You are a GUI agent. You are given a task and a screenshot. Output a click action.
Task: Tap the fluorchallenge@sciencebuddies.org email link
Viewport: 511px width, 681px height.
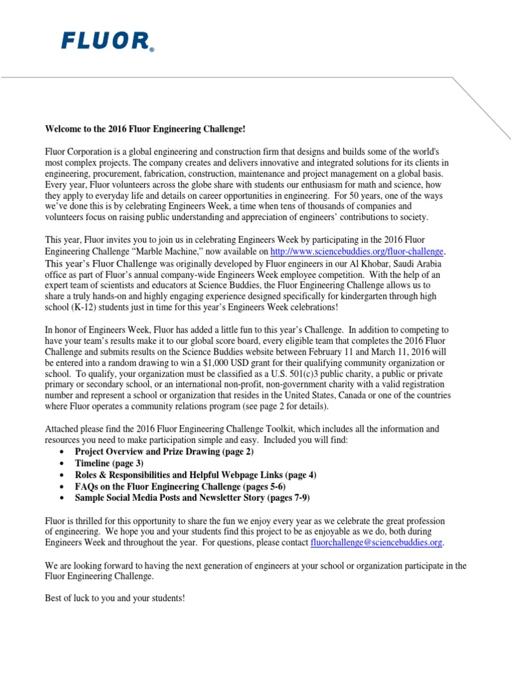click(x=377, y=543)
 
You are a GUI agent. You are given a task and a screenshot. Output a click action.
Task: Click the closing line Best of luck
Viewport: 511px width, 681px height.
click(x=114, y=599)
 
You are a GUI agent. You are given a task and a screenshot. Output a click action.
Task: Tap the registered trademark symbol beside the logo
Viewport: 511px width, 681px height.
click(x=152, y=49)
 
